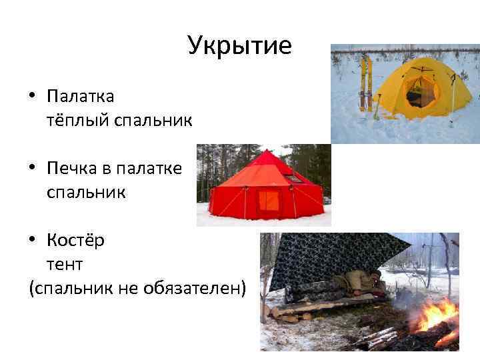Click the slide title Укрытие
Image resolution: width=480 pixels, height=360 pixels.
pos(239,46)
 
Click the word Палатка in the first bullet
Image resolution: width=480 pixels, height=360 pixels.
pos(81,97)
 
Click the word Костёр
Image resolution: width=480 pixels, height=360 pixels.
pos(75,240)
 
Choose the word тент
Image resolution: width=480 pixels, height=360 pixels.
pos(65,264)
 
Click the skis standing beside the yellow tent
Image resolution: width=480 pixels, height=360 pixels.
pos(365,83)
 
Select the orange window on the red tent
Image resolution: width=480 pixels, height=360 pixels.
pos(269,200)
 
